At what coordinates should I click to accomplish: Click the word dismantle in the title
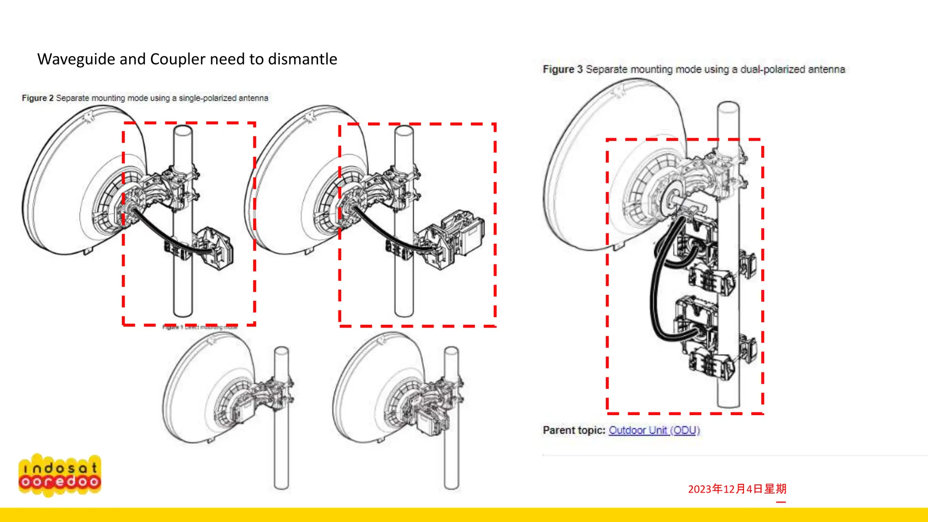[302, 59]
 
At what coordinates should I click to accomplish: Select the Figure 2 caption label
[38, 98]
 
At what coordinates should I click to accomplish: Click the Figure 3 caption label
[562, 69]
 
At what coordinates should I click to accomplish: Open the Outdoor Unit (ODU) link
[654, 430]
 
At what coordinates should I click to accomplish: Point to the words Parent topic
[574, 430]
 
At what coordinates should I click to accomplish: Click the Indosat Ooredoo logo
[60, 475]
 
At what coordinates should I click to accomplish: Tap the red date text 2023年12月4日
[737, 489]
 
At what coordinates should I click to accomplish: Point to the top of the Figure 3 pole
[728, 107]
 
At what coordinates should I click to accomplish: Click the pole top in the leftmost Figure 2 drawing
[183, 130]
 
